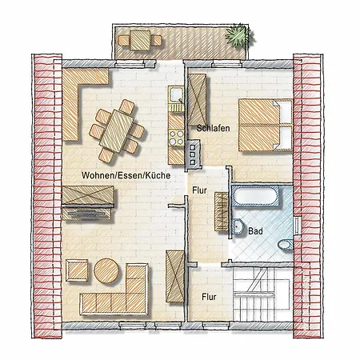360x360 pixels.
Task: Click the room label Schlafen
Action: coord(213,128)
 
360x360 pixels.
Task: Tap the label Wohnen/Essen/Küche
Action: coord(126,175)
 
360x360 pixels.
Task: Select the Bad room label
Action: coord(255,231)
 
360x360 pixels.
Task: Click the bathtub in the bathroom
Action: coord(255,196)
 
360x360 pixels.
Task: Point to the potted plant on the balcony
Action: coord(238,36)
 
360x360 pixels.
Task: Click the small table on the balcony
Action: coord(140,40)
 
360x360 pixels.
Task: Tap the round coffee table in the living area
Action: coord(106,270)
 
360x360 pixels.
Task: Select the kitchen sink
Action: coord(176,95)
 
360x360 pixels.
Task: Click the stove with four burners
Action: coord(176,138)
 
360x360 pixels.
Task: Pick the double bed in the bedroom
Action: coord(266,125)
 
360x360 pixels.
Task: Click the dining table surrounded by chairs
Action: coord(117,131)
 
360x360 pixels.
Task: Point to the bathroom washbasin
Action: coord(238,226)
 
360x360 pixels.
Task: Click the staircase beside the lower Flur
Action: coord(262,294)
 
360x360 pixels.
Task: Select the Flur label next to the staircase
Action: coord(209,297)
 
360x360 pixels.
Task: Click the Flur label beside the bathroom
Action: coord(199,190)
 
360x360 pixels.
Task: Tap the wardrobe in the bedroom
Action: coord(197,99)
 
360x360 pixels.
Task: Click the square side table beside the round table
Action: coord(77,270)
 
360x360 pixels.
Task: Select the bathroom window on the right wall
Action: coord(296,226)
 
